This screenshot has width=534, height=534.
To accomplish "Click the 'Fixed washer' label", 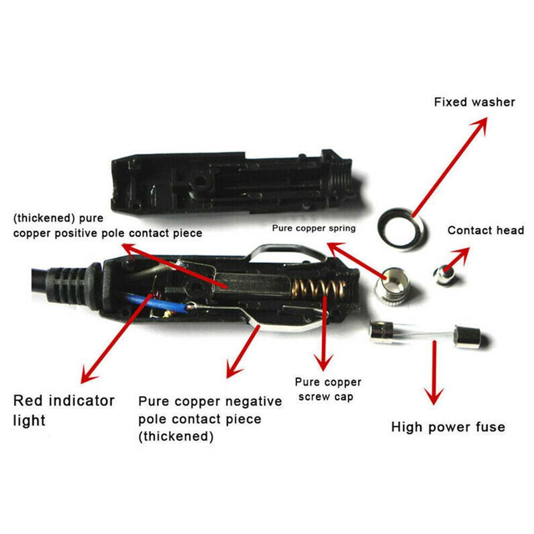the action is coord(474,102).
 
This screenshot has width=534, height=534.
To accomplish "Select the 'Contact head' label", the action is coord(485,230).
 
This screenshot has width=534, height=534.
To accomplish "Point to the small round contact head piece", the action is coord(443,275).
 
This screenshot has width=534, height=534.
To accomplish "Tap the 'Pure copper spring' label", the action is coord(314,228).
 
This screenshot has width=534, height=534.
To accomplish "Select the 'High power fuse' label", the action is coord(448,427).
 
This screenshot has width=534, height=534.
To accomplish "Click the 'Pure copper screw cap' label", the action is coord(328,389).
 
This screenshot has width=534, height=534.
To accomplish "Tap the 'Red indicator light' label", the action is coord(63,410).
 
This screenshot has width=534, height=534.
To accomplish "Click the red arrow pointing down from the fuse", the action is coord(434,372).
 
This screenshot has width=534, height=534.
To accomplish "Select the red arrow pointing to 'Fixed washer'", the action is coord(450,167).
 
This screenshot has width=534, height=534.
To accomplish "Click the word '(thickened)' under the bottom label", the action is coord(176,436).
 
